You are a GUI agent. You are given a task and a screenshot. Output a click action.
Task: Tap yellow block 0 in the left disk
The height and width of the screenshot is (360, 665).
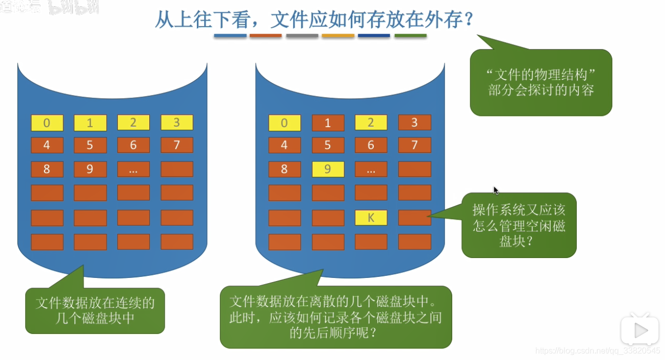47,123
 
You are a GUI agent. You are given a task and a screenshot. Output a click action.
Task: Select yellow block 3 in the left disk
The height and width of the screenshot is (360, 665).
177,123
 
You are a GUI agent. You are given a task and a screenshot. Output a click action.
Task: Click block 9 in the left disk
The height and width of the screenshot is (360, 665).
90,169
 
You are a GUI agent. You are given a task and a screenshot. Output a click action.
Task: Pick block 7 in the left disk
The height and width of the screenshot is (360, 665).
177,145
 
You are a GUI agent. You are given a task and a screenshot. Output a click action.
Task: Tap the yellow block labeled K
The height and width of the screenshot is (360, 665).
371,218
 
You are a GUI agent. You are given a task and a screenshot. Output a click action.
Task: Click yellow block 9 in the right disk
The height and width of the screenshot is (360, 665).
328,169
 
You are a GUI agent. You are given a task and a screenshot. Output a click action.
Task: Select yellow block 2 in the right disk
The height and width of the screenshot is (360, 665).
371,123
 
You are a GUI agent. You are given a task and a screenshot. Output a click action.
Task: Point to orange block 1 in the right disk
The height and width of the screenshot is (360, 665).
328,123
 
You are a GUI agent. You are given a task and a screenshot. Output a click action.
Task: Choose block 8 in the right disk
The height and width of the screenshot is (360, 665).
285,169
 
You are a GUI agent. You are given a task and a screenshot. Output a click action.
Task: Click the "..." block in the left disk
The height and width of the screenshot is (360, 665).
133,169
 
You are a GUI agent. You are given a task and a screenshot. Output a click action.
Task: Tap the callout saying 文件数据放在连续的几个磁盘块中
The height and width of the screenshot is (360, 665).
95,310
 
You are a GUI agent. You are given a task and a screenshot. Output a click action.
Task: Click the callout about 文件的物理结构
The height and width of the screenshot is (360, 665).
541,83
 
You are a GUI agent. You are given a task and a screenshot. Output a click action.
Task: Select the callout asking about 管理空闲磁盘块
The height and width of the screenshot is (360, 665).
519,225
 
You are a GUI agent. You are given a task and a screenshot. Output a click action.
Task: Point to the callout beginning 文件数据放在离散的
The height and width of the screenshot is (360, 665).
336,317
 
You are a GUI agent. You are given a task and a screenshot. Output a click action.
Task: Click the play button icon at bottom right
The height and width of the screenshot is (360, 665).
639,331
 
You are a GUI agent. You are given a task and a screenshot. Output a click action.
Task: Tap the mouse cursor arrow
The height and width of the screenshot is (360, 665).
496,190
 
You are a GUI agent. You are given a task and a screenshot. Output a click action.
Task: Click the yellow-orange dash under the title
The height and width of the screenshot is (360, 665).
338,36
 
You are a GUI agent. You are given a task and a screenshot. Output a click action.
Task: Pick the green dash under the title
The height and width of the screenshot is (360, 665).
410,36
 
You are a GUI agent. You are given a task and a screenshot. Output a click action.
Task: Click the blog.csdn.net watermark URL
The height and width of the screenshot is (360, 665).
597,351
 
